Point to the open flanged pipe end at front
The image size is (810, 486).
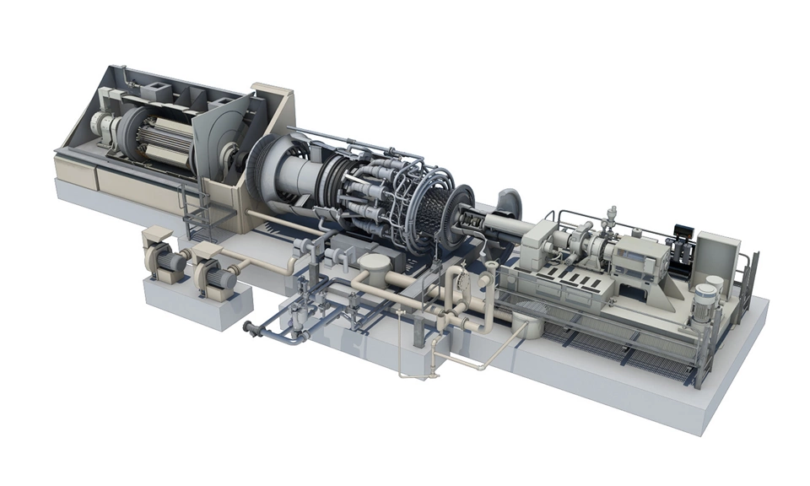[248, 327]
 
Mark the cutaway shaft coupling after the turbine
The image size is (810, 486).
[472, 223]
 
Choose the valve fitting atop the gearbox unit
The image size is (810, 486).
[611, 216]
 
